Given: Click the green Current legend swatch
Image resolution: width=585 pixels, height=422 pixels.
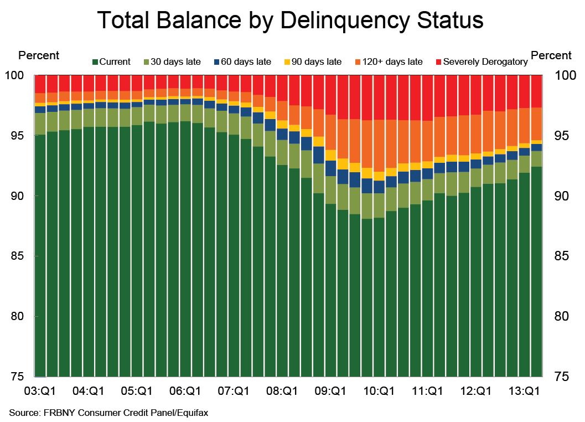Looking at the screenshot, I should pos(95,62).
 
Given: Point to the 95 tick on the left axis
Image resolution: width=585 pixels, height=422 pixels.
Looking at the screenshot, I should pos(17,136).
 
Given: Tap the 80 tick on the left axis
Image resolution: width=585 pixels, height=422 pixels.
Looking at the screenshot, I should pos(17,316).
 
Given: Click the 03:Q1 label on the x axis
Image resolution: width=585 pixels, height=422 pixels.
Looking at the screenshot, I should pos(40,391).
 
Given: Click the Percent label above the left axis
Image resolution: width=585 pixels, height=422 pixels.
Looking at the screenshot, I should pos(39,55).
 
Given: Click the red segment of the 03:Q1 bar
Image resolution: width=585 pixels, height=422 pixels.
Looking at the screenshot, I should pos(40,84).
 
